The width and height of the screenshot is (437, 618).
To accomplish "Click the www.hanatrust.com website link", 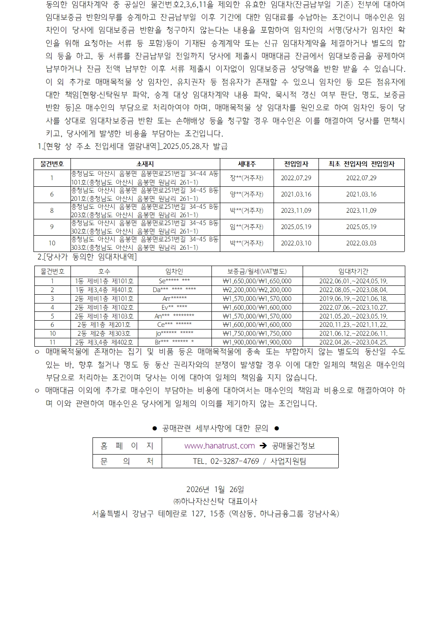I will pyautogui.click(x=219, y=446).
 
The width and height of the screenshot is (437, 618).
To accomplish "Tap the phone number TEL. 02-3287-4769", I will pyautogui.click(x=226, y=461).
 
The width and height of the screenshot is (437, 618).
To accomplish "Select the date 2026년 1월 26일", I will pyautogui.click(x=215, y=489).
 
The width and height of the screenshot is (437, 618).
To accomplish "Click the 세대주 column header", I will pyautogui.click(x=246, y=164).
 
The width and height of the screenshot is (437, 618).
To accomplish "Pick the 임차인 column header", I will pyautogui.click(x=174, y=271).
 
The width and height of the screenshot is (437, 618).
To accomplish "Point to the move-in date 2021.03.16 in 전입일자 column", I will pyautogui.click(x=296, y=194).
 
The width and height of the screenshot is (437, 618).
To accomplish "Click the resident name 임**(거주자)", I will pyautogui.click(x=246, y=227).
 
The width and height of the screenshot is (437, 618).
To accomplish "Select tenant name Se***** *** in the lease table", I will pyautogui.click(x=174, y=281).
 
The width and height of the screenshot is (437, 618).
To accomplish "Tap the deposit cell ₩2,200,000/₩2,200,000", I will pyautogui.click(x=257, y=290).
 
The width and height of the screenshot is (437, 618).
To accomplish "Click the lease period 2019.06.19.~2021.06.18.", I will pyautogui.click(x=353, y=299).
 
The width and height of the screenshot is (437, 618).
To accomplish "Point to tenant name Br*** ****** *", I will pyautogui.click(x=174, y=342).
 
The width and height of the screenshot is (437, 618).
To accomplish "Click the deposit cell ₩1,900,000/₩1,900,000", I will pyautogui.click(x=257, y=342).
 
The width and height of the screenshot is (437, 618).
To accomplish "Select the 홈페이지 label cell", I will pyautogui.click(x=127, y=446).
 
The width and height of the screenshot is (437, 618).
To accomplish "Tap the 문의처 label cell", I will pyautogui.click(x=127, y=461).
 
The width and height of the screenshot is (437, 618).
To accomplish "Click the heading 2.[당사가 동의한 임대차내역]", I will pyautogui.click(x=87, y=257).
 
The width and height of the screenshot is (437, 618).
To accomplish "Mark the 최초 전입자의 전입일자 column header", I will pyautogui.click(x=361, y=164).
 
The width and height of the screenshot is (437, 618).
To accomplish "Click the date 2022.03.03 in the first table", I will pyautogui.click(x=361, y=243).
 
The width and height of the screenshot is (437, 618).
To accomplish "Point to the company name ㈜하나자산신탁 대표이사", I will pyautogui.click(x=215, y=501).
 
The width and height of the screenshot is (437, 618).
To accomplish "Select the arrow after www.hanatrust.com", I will pyautogui.click(x=263, y=446).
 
